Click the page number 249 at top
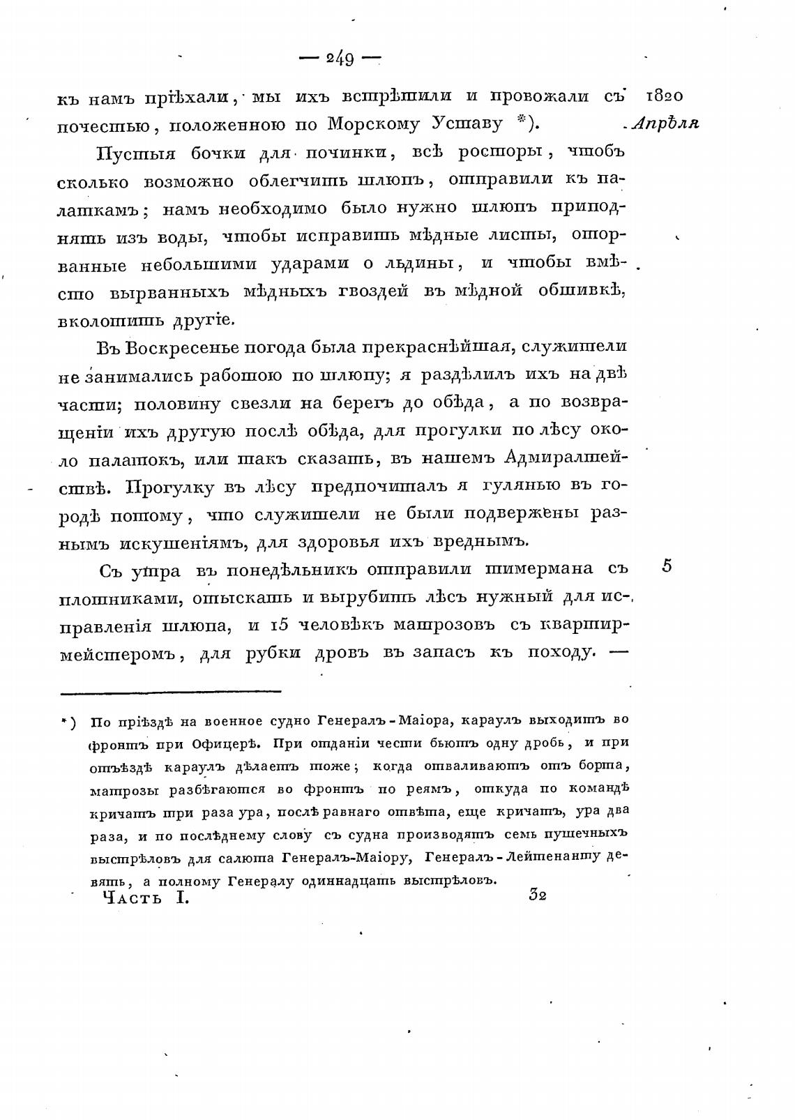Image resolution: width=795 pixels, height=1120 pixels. [x=340, y=59]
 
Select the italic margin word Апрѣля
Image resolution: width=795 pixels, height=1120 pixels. [x=665, y=123]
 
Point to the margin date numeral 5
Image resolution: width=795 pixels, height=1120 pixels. [x=667, y=566]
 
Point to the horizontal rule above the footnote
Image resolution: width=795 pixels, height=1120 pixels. [x=171, y=692]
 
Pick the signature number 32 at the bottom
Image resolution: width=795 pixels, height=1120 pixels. [x=537, y=895]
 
